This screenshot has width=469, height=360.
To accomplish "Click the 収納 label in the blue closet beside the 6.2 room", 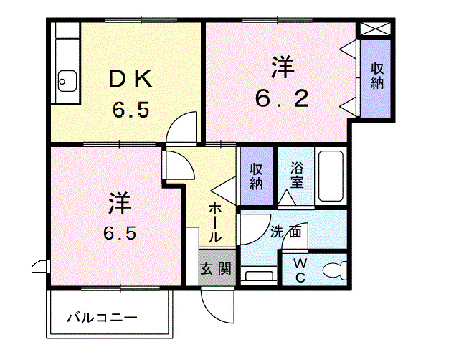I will pyautogui.click(x=376, y=76).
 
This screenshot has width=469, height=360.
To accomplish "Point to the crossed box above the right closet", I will pyautogui.click(x=375, y=29).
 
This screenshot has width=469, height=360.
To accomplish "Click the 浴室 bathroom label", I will pyautogui.click(x=298, y=175).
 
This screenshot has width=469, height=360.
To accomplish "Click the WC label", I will pyautogui.click(x=299, y=269).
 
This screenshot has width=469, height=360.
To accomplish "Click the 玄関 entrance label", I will pyautogui.click(x=216, y=270).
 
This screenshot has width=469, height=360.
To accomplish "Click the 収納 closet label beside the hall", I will pyautogui.click(x=256, y=176).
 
